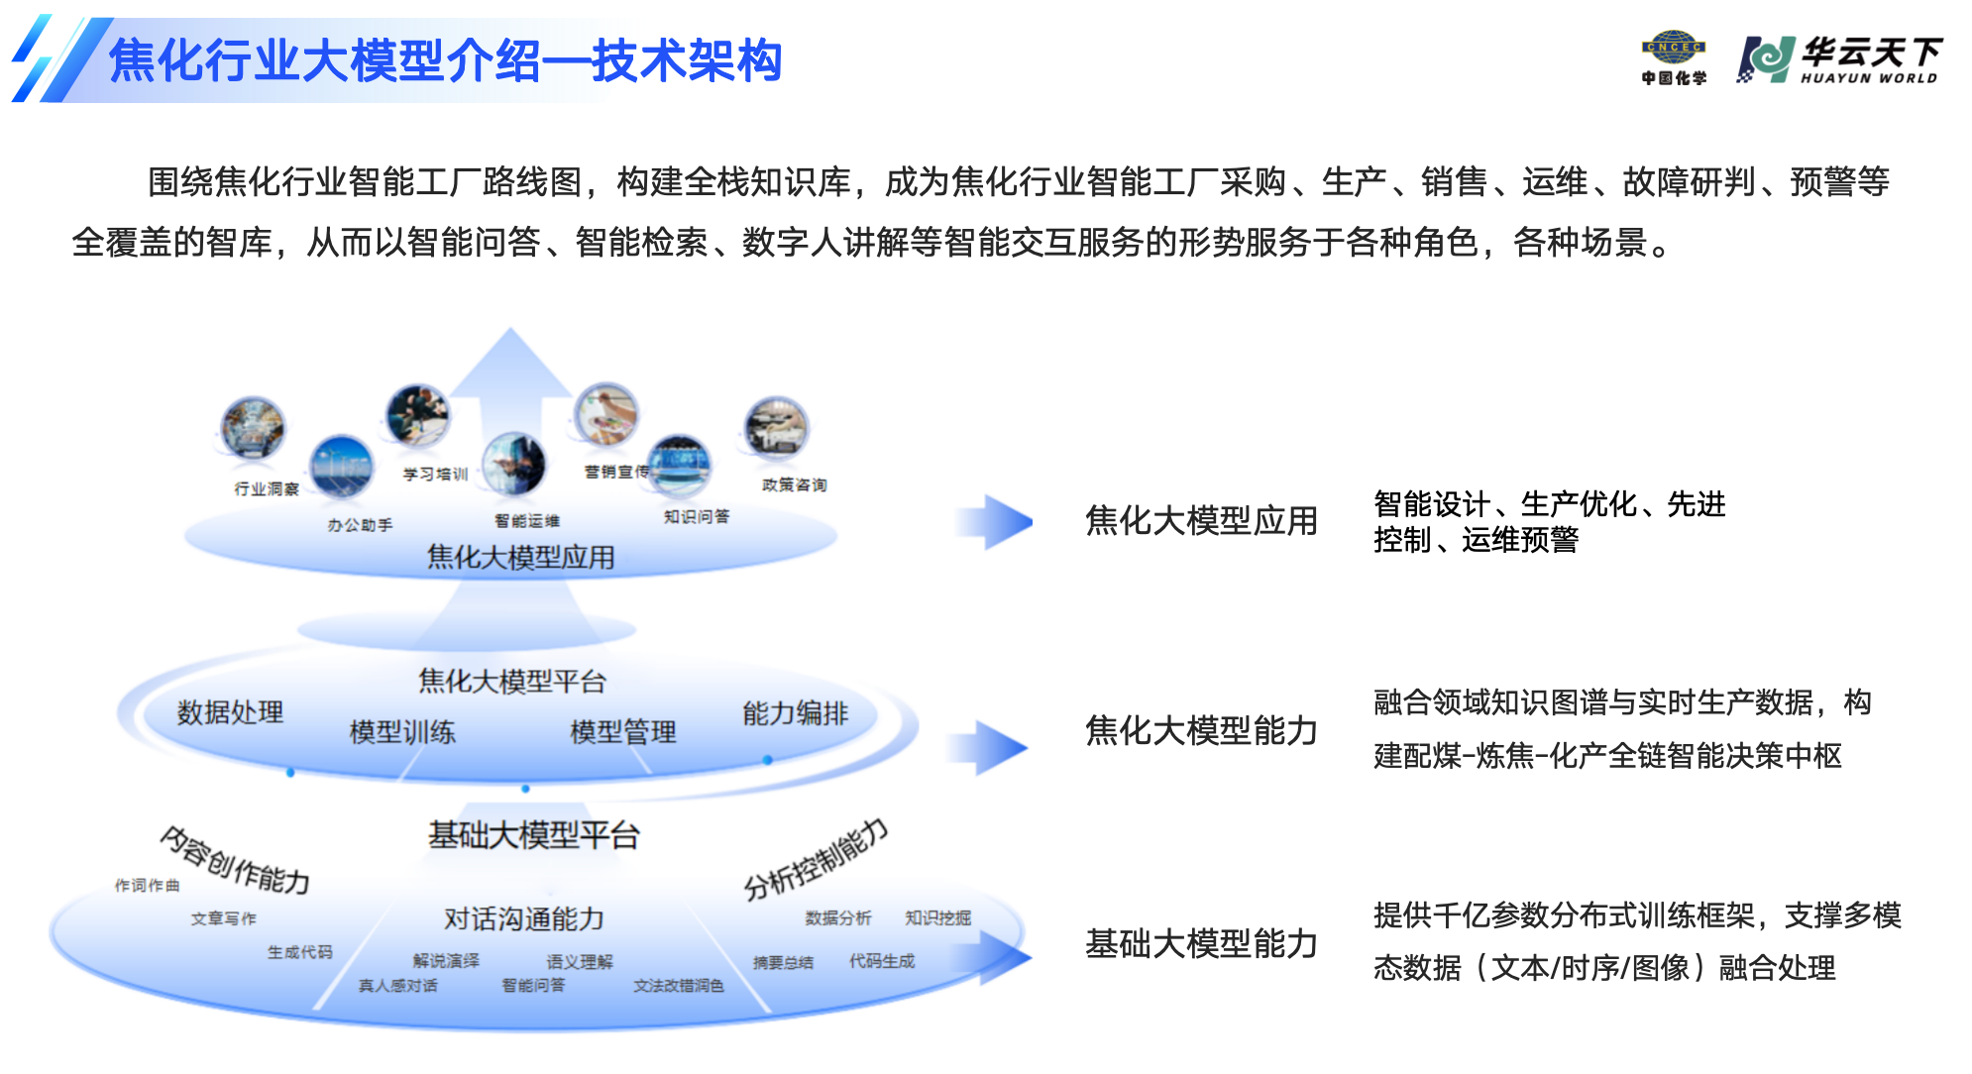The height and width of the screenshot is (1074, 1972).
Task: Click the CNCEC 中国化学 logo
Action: click(1674, 58)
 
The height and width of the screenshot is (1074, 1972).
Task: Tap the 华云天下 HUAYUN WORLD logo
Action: click(1839, 60)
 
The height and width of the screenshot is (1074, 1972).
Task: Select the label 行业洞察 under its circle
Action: click(267, 488)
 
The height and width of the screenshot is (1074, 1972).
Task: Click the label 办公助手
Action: click(360, 524)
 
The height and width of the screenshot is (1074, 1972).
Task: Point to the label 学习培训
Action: click(435, 474)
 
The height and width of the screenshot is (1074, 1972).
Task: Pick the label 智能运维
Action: click(527, 520)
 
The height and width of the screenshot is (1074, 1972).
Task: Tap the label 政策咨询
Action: click(794, 484)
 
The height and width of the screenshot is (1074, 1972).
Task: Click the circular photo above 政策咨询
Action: click(777, 428)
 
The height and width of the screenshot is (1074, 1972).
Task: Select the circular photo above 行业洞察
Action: click(254, 428)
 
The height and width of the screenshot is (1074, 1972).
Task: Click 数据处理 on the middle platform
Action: click(230, 711)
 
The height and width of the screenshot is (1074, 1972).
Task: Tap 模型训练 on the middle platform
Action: click(402, 732)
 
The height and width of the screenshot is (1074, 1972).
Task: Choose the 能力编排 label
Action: click(795, 713)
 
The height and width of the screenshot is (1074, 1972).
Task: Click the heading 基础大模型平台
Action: click(533, 835)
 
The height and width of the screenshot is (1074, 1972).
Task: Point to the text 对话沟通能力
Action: click(523, 918)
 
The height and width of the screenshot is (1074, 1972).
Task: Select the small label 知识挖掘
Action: click(937, 917)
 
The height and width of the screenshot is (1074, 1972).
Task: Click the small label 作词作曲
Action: click(147, 885)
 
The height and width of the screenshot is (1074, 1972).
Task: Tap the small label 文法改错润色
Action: click(679, 985)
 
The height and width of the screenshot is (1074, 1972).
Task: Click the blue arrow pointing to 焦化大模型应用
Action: click(995, 522)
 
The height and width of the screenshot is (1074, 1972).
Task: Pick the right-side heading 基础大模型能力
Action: click(1201, 943)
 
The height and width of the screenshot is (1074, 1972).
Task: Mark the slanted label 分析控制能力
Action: click(816, 859)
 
